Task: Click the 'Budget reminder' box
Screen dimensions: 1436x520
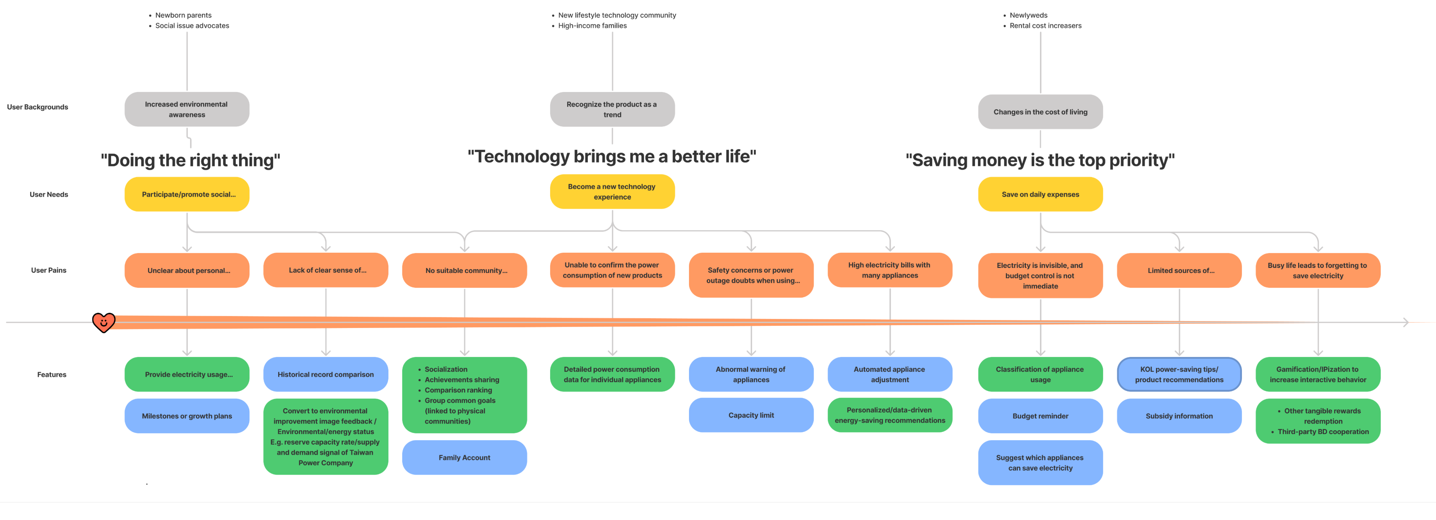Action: (1040, 416)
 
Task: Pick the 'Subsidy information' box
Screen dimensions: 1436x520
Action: (1179, 416)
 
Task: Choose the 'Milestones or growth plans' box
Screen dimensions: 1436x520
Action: (187, 416)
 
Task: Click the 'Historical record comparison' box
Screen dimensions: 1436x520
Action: (325, 375)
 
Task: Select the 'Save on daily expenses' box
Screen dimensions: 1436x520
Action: (1040, 194)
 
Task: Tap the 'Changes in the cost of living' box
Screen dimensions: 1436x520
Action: (1040, 112)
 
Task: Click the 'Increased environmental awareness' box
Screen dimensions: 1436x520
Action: (187, 109)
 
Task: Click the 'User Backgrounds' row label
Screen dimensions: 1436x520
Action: (37, 107)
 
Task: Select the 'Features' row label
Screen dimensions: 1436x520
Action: (51, 375)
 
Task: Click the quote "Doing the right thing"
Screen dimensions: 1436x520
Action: (190, 160)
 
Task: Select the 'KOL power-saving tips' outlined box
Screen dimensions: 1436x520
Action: (1179, 375)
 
